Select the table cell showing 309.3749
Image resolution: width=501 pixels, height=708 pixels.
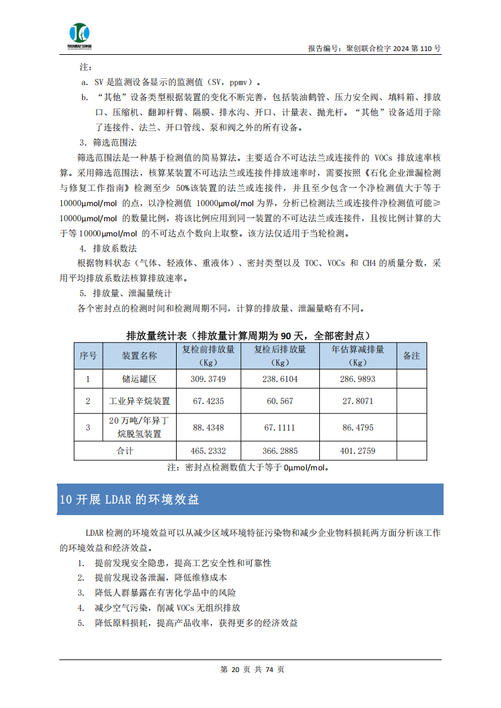pyautogui.click(x=208, y=379)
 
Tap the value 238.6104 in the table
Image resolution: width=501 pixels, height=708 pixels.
pyautogui.click(x=280, y=379)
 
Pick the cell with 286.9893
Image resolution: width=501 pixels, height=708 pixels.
pyautogui.click(x=358, y=379)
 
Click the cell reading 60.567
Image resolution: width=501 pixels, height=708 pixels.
pyautogui.click(x=280, y=401)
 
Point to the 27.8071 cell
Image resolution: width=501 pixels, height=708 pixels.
pyautogui.click(x=358, y=401)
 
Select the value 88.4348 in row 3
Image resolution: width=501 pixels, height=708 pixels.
pyautogui.click(x=208, y=427)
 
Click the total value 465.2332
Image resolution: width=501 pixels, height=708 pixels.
pyautogui.click(x=208, y=451)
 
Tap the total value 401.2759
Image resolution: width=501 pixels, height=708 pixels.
pyautogui.click(x=358, y=451)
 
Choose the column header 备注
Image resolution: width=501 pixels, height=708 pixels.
pyautogui.click(x=411, y=356)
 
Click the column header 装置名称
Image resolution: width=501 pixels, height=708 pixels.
pyautogui.click(x=139, y=356)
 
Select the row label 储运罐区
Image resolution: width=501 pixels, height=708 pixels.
pyautogui.click(x=139, y=379)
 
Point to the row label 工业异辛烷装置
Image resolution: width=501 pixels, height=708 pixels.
pyautogui.click(x=139, y=401)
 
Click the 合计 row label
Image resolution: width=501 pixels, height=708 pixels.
pyautogui.click(x=126, y=451)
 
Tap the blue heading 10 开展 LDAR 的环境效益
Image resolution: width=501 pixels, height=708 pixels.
pyautogui.click(x=129, y=499)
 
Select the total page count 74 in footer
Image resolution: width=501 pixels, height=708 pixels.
pyautogui.click(x=270, y=670)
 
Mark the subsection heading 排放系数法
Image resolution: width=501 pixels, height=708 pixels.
pyautogui.click(x=115, y=248)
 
